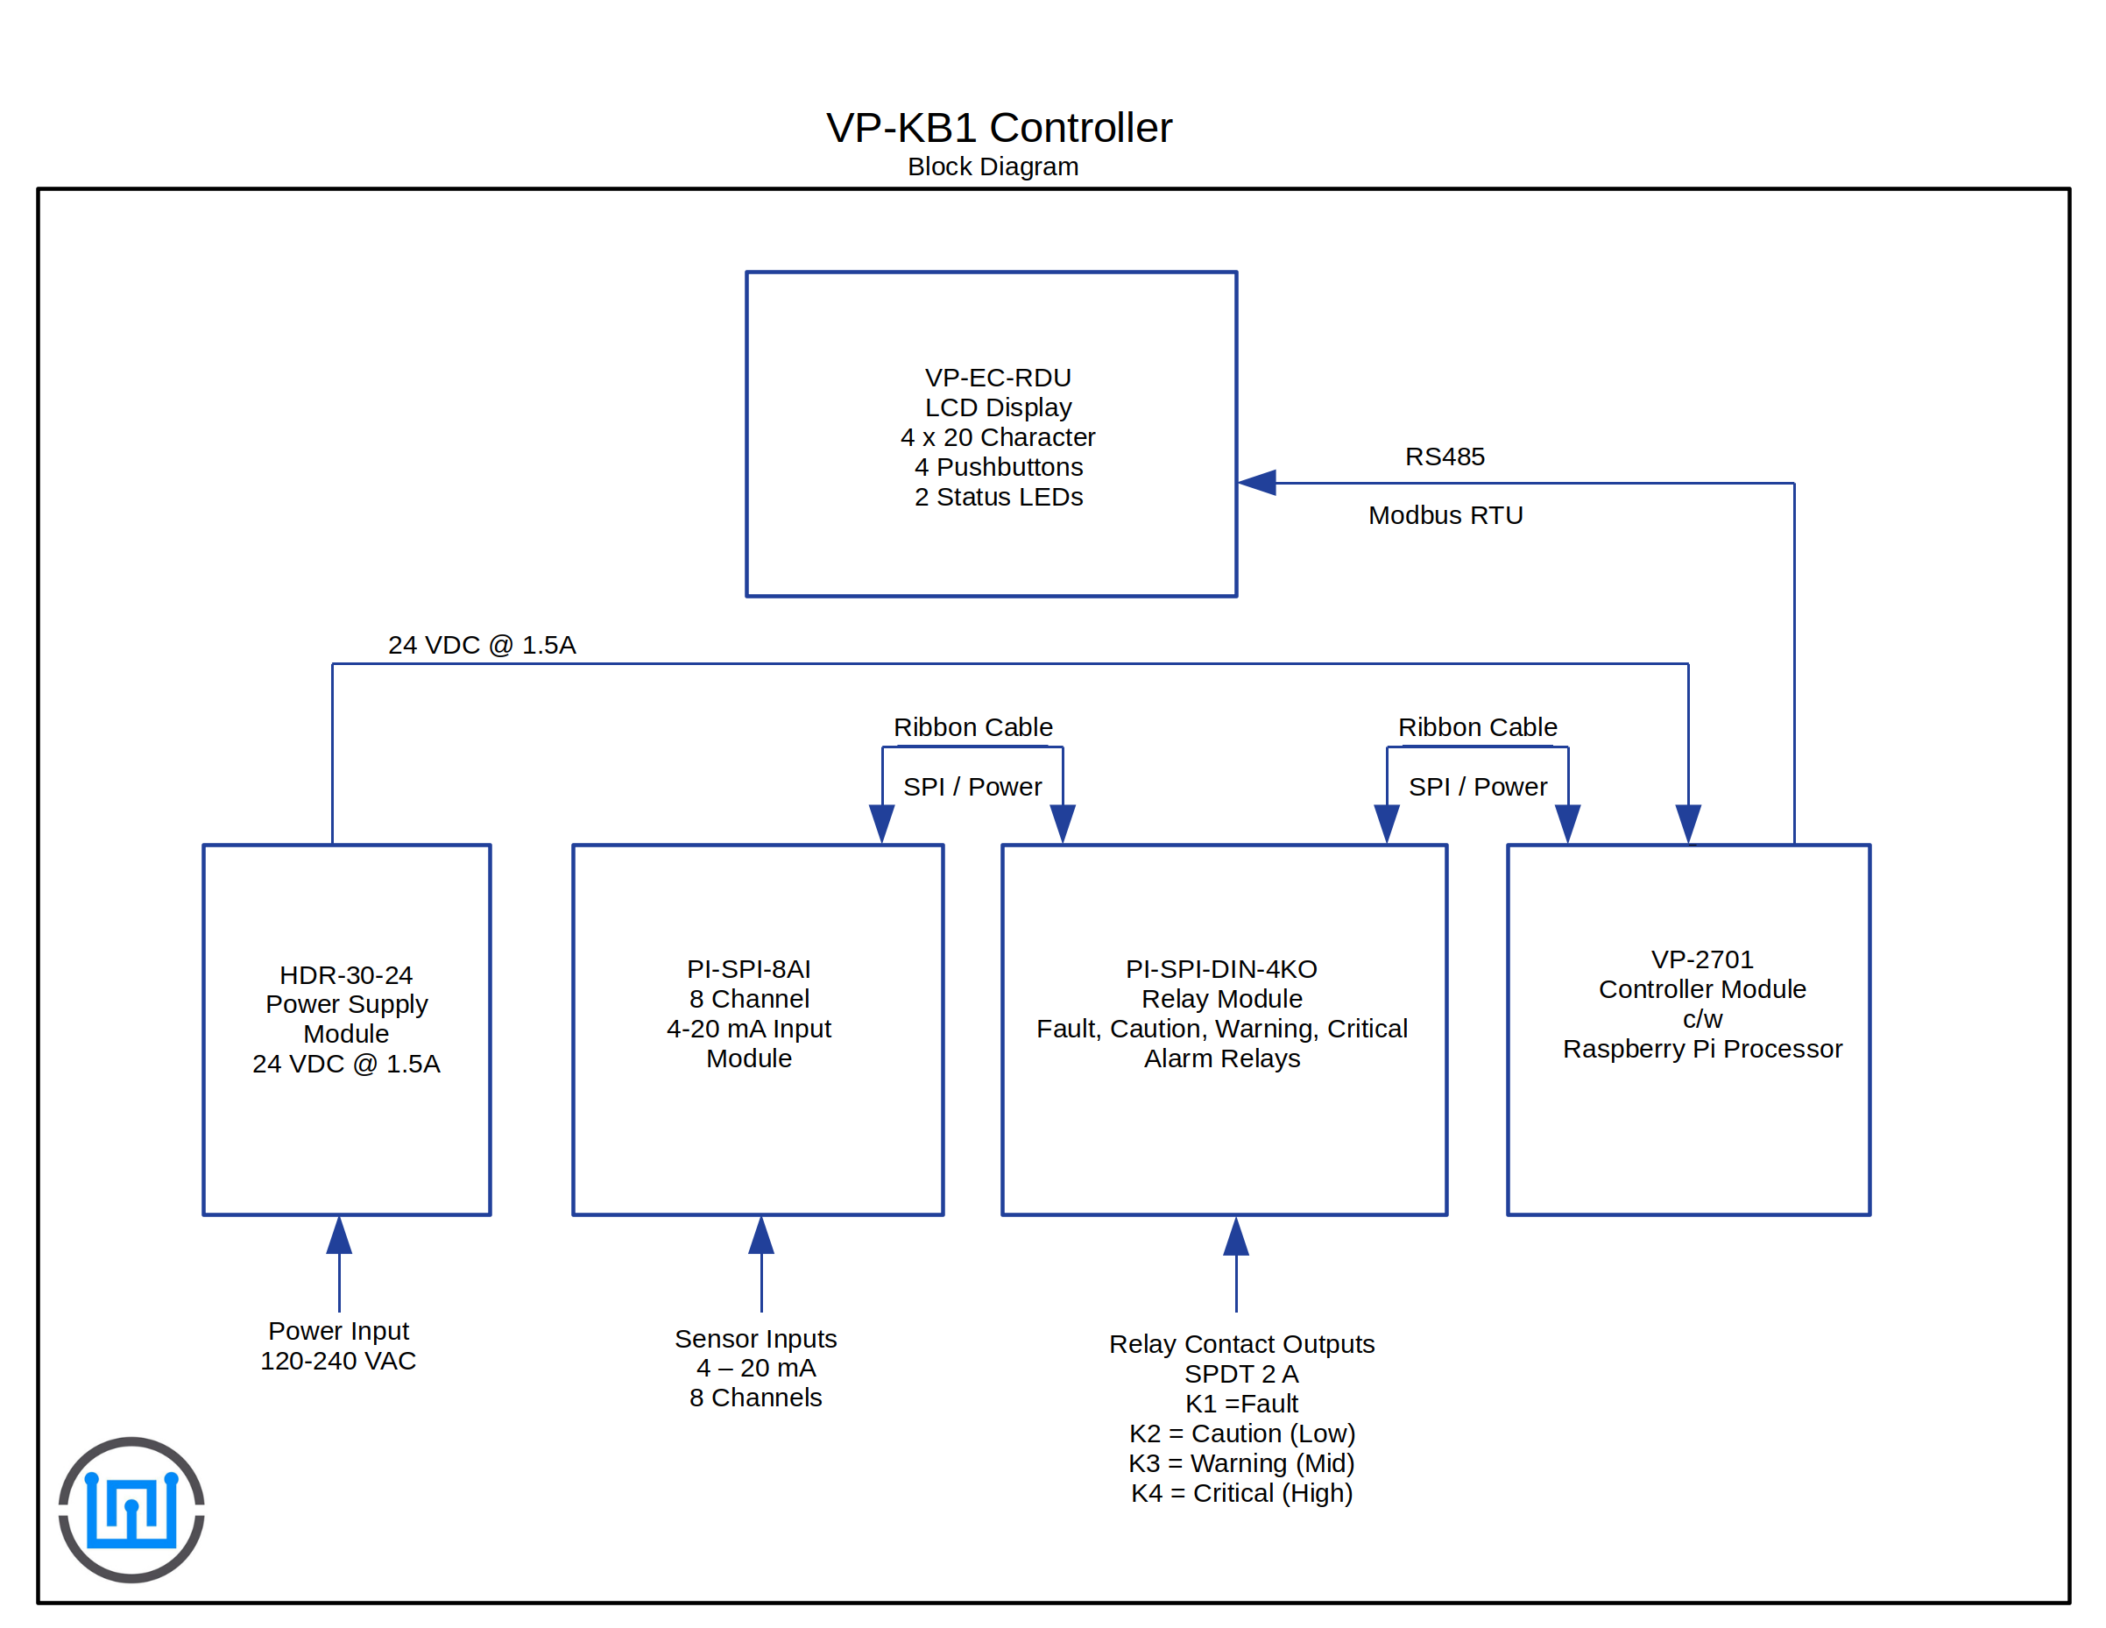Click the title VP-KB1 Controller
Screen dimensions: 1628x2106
(998, 128)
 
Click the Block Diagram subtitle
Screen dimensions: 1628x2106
(993, 166)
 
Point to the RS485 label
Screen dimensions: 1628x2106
(1444, 457)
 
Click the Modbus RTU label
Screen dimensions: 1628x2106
(1445, 516)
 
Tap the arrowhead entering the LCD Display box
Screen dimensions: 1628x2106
(1257, 482)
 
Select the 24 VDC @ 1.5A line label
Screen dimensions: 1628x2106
(481, 645)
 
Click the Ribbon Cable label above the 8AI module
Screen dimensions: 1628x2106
(972, 727)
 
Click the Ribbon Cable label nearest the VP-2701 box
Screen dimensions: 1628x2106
(1476, 727)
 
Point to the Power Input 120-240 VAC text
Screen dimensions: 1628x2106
(338, 1345)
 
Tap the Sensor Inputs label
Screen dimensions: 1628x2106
(755, 1339)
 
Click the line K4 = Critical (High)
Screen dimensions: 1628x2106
(1241, 1493)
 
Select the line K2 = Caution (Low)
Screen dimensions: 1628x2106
(1241, 1433)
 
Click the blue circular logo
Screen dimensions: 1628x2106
(131, 1510)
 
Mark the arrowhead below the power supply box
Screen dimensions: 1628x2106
(339, 1235)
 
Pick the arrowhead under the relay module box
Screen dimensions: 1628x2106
(1235, 1236)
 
